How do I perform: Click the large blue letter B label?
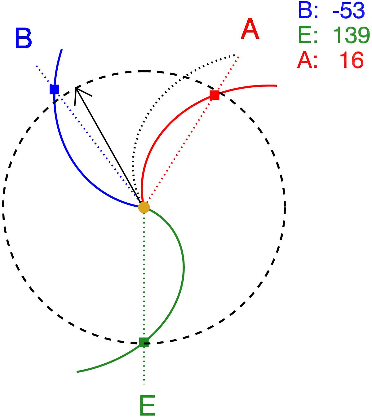(x=23, y=39)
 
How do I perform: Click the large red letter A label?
(x=250, y=29)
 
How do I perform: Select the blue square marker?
(x=54, y=89)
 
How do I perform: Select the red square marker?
(x=214, y=95)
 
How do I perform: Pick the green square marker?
(x=144, y=342)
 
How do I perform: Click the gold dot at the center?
(x=144, y=207)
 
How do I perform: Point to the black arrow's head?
(x=76, y=88)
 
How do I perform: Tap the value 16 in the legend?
(x=351, y=60)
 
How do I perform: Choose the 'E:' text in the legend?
(x=308, y=35)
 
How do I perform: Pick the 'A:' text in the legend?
(x=308, y=60)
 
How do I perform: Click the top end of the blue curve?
(x=62, y=49)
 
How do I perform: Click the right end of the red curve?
(x=276, y=85)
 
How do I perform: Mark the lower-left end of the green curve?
(x=77, y=371)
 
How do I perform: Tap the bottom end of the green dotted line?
(x=144, y=384)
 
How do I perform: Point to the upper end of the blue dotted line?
(x=36, y=66)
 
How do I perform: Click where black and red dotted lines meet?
(x=237, y=56)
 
